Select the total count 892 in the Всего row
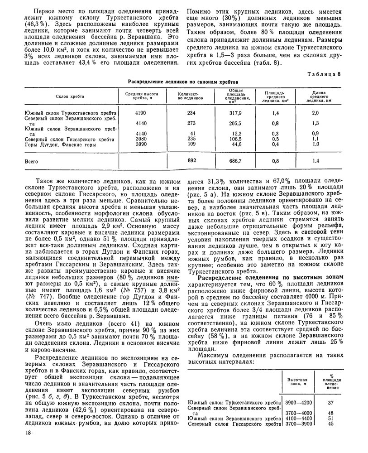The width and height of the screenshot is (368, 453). tap(191, 161)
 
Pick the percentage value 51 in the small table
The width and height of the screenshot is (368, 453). tap(331, 419)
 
